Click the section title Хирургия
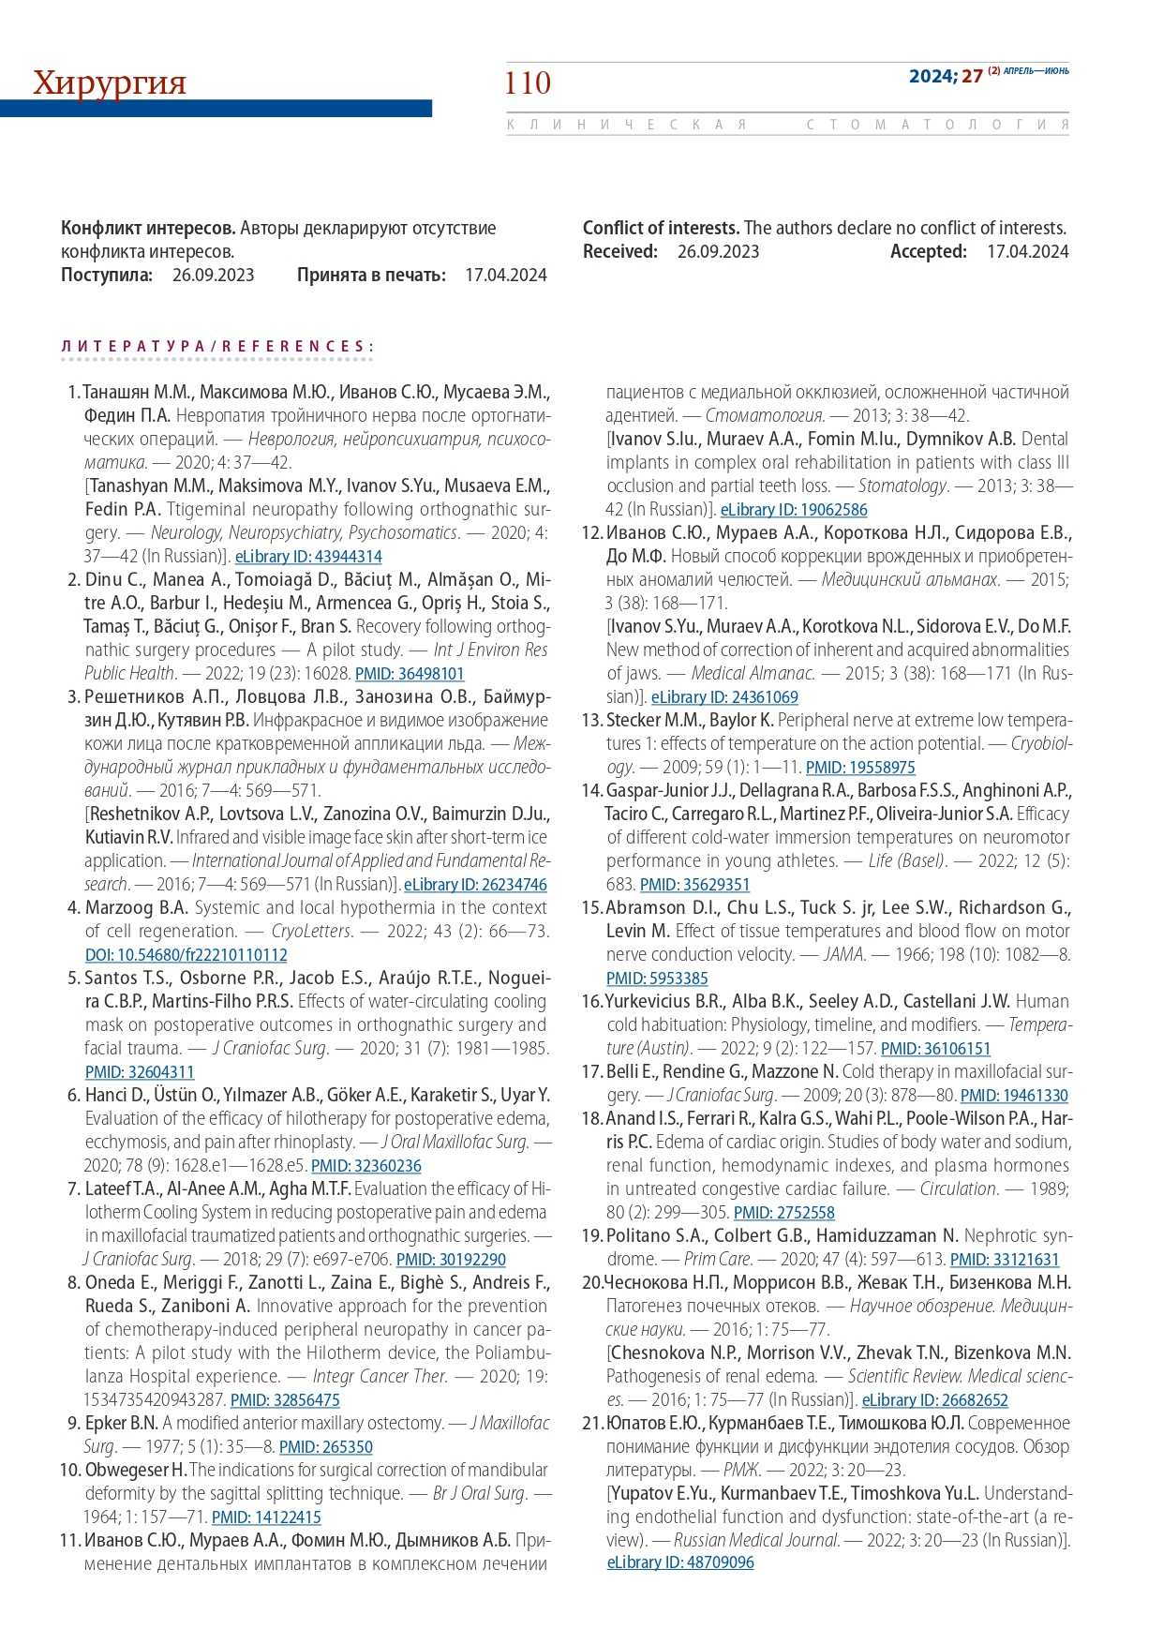(110, 82)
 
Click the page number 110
(528, 83)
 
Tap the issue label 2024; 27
(945, 76)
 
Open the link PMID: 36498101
(410, 674)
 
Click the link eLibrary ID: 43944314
(308, 557)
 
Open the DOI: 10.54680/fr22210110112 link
(186, 955)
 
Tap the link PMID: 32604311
(140, 1072)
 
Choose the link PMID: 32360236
(366, 1166)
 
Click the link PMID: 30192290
(451, 1260)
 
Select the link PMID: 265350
(326, 1447)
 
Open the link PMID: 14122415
(266, 1517)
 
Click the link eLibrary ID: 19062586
(794, 510)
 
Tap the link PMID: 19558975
(860, 768)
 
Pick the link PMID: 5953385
(657, 979)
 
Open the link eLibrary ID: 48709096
(680, 1562)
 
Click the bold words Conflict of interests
(661, 228)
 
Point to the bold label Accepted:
(928, 251)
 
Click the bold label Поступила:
(107, 275)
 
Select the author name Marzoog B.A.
(137, 907)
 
